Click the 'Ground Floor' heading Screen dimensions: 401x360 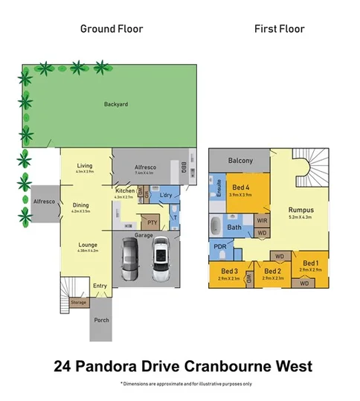click(x=112, y=29)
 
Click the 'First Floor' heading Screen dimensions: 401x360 click(x=279, y=29)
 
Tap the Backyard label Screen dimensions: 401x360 click(x=116, y=105)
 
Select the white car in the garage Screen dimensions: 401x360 click(x=160, y=261)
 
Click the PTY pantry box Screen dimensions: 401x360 click(x=152, y=222)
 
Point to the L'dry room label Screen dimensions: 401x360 click(x=166, y=196)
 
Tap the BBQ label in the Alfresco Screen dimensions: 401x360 click(x=184, y=166)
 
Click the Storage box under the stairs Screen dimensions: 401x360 click(x=79, y=303)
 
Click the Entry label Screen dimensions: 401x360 click(x=100, y=286)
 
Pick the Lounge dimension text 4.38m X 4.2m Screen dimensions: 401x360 click(x=87, y=250)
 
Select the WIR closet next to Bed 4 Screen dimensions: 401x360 click(x=262, y=220)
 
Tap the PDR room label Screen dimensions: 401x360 click(x=220, y=247)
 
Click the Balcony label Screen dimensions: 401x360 click(x=240, y=161)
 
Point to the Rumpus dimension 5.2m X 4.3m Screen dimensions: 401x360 click(x=300, y=217)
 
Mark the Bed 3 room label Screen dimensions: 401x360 click(x=229, y=270)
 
